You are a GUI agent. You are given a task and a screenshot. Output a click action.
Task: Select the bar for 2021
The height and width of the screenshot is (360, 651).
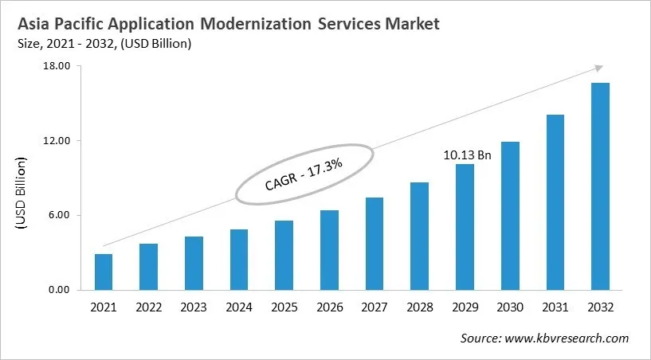coord(104,272)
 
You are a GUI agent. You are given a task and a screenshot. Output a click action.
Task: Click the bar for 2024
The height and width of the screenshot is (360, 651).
coord(239,260)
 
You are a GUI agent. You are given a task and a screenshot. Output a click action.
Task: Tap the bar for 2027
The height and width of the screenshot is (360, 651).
coord(375,244)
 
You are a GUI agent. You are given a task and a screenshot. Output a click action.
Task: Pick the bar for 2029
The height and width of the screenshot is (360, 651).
coord(465,227)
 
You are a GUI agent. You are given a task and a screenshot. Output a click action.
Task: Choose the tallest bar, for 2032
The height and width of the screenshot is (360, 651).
coord(600,186)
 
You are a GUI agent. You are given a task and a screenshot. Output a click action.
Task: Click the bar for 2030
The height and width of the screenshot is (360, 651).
coord(510,216)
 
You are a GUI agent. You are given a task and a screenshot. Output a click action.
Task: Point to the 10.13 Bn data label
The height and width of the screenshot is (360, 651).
coord(467,155)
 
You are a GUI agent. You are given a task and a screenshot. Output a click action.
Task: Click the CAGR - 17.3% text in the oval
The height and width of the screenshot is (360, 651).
coord(304,174)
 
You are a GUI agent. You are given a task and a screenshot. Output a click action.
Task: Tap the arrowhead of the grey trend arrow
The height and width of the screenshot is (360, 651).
coord(598,69)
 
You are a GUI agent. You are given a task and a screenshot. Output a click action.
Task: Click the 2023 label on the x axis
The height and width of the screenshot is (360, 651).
coord(194,307)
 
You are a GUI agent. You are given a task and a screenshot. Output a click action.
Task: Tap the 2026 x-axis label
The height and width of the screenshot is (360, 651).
coord(329,307)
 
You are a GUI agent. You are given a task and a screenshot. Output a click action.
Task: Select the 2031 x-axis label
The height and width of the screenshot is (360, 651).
coord(555,307)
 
